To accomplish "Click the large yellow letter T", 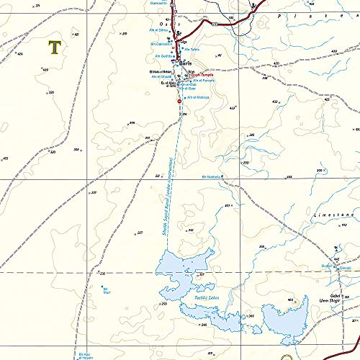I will tap(54, 48).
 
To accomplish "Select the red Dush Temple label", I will tap(203, 75).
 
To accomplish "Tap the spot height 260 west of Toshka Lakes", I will tap(164, 305).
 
